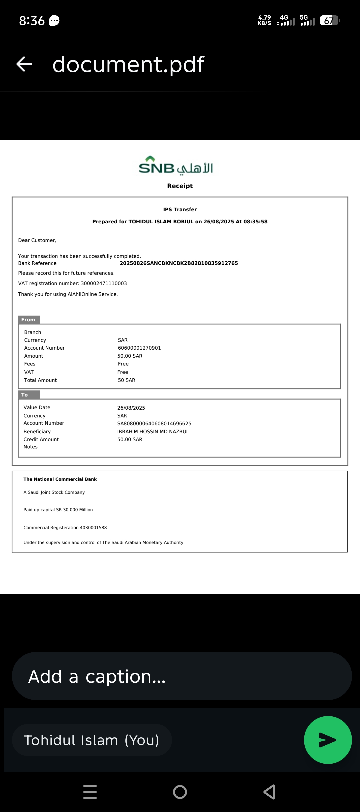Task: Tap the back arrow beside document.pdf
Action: pos(24,64)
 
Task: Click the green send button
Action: pos(328,740)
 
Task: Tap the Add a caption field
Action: pos(182,676)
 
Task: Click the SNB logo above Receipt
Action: pos(176,166)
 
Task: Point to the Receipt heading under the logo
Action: pos(180,186)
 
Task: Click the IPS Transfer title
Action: pos(180,210)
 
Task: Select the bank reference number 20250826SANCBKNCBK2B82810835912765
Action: pos(179,263)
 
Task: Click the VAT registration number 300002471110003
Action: pos(104,283)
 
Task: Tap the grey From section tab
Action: pos(29,320)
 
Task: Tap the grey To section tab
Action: pos(29,395)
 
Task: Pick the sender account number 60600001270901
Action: pos(139,348)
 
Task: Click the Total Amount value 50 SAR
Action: pos(126,380)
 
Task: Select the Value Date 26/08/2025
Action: pos(131,408)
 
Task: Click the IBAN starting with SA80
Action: pos(154,424)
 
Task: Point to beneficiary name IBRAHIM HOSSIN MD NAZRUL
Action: pos(153,432)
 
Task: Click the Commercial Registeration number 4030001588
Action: pos(93,528)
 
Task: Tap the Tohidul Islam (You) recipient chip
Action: pos(92,740)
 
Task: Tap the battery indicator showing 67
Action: pos(329,21)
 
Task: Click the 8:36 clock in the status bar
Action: pos(32,21)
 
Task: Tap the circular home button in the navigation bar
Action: pos(180,792)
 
